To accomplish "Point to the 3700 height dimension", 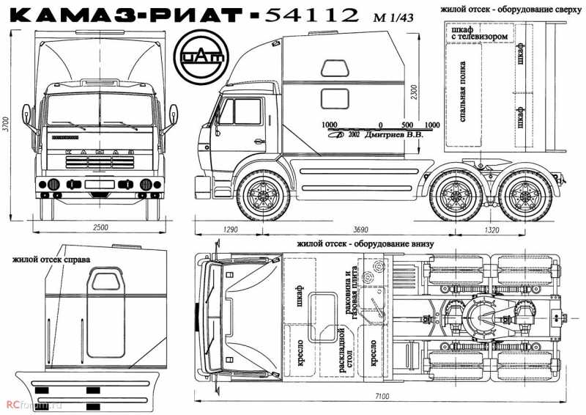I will coord(7,125).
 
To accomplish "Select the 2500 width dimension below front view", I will coord(100,228).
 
